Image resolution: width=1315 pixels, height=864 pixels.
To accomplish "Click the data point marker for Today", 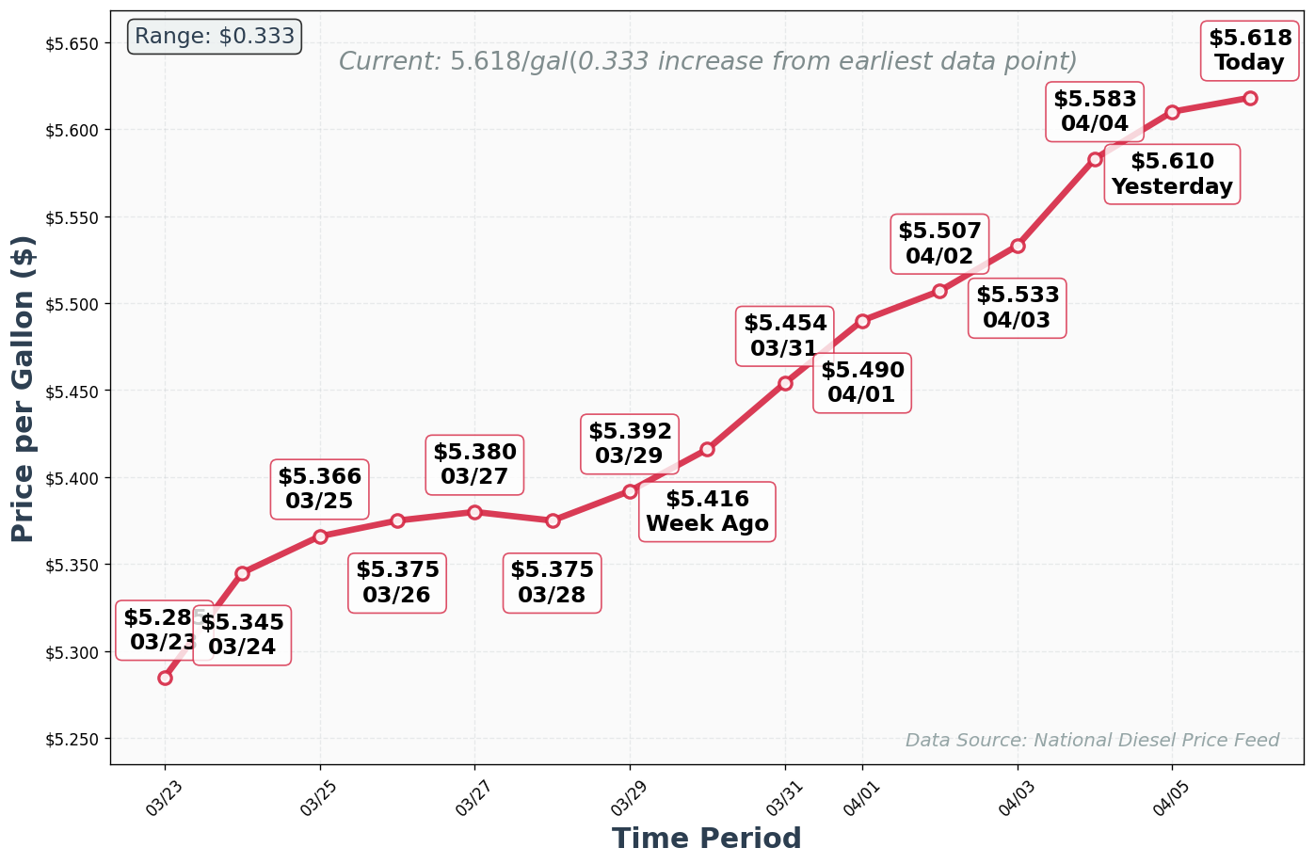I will coord(1250,98).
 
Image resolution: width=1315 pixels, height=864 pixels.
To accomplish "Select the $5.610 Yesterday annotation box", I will coord(1172,174).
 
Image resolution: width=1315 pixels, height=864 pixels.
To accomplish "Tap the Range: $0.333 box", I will coord(215,37).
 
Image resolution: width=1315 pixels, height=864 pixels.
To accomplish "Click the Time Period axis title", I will coord(706,838).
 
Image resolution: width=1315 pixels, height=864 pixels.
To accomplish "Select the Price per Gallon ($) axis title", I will coord(24,389).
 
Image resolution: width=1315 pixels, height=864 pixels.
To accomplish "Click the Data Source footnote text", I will coord(1092,741).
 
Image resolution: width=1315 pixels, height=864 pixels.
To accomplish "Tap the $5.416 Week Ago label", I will coord(707,512).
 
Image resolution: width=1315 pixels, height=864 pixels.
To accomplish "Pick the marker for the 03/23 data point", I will coord(165,678).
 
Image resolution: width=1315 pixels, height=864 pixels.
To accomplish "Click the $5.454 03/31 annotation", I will coord(785,336).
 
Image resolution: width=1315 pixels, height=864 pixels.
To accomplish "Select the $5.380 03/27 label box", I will coord(474,464).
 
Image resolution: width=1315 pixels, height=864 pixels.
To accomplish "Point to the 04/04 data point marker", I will coord(1095,159).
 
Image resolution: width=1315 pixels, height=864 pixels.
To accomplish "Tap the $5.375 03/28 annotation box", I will coord(553,583).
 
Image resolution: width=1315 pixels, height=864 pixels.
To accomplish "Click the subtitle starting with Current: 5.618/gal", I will coord(707,62).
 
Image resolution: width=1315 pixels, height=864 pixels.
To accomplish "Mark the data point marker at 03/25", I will coord(320,536).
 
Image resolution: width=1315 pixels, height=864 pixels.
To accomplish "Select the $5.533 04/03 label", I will coord(1018,308).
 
